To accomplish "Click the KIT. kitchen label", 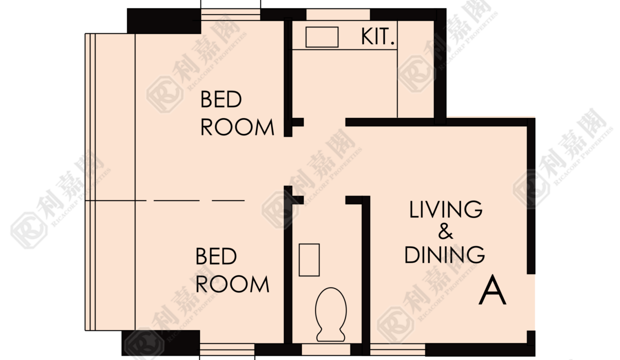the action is click(377, 36).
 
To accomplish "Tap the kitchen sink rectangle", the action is click(322, 37).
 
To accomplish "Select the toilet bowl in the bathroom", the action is click(331, 314).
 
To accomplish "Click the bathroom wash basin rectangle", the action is click(309, 260).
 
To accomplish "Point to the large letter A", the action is click(492, 289).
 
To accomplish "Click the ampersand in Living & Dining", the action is click(445, 231).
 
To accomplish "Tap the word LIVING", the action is click(446, 209).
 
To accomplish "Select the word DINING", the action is click(444, 254).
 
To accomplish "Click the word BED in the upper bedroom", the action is click(221, 99).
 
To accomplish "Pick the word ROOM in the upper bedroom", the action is click(237, 127).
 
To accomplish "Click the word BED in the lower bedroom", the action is click(216, 256).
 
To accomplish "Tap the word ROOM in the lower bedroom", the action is click(232, 284).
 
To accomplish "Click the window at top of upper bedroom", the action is click(230, 14).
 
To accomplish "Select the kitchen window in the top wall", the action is click(338, 14).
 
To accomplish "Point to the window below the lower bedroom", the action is click(227, 349).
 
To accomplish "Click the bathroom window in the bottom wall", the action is click(326, 349).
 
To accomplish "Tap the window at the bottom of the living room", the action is click(397, 349).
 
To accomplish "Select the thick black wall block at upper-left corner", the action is click(164, 21).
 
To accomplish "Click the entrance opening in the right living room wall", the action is click(531, 302).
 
